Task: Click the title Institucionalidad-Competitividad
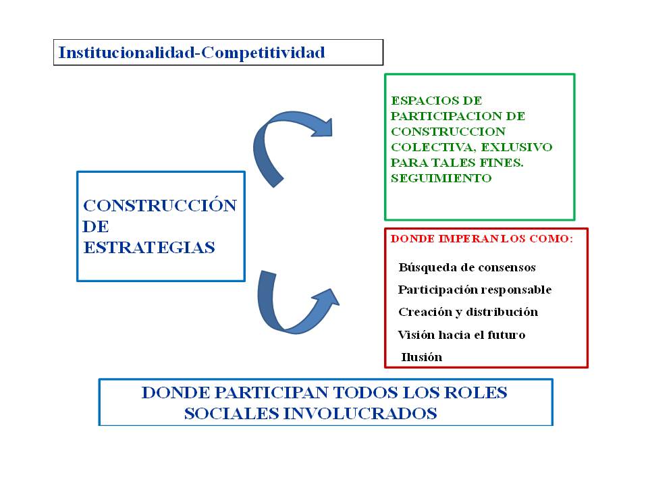click(x=192, y=53)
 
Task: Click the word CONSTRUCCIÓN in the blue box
click(x=160, y=206)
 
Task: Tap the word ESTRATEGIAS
click(x=149, y=248)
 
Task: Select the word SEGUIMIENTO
click(x=441, y=178)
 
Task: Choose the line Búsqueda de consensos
click(x=467, y=267)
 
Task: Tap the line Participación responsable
click(x=475, y=290)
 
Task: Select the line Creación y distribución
click(x=468, y=312)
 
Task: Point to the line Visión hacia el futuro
click(x=462, y=335)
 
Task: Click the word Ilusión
click(x=422, y=357)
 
